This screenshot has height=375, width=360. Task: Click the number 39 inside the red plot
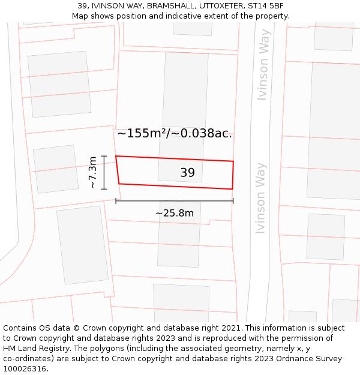pos(187,173)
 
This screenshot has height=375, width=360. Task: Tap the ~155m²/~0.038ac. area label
pos(175,133)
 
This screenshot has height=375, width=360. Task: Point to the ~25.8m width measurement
pos(175,213)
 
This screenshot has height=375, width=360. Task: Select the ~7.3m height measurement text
pos(93,173)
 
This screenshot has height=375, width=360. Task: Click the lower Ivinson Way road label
pos(260,197)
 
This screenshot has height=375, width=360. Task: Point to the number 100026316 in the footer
pos(26,369)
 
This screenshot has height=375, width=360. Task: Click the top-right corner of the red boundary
pos(233,161)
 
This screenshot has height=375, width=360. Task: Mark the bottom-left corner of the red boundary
pos(119,184)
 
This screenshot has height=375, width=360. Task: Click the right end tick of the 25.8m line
pos(233,201)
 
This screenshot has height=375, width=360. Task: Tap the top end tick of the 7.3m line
pos(104,156)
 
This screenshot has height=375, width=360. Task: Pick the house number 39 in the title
pos(82,6)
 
